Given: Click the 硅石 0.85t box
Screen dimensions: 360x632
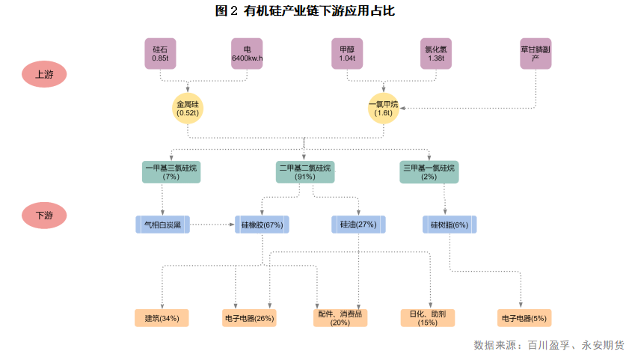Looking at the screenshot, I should click(160, 53).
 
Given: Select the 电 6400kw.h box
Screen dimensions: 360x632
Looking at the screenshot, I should click(247, 53).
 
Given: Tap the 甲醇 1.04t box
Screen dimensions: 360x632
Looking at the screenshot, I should click(347, 53).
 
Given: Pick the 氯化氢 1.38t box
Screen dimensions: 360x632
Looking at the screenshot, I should click(435, 53).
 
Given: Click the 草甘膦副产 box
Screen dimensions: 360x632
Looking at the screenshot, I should click(536, 53).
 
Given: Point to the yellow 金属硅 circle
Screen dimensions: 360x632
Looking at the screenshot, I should click(188, 109).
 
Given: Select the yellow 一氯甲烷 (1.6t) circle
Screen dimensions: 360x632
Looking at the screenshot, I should click(384, 109).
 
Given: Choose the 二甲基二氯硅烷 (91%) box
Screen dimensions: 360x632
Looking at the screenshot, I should click(305, 172).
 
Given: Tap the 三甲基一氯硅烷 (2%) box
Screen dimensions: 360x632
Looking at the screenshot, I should click(429, 172).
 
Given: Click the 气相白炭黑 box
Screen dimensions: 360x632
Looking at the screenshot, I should click(162, 224).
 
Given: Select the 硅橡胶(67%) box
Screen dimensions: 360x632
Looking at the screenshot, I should click(263, 224).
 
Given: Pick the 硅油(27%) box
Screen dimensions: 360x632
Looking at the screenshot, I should click(358, 224).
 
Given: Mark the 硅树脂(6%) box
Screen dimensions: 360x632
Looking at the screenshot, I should click(450, 224).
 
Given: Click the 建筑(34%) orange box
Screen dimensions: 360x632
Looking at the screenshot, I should click(162, 318).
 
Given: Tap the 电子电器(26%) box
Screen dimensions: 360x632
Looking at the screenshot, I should click(249, 318).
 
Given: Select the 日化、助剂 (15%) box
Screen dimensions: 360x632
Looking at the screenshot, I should click(428, 318).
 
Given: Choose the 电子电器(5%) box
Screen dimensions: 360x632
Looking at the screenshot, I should click(524, 318).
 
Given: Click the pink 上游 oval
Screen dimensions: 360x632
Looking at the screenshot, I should click(44, 74).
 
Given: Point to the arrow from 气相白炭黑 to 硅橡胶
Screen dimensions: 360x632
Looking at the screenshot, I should click(212, 224).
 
